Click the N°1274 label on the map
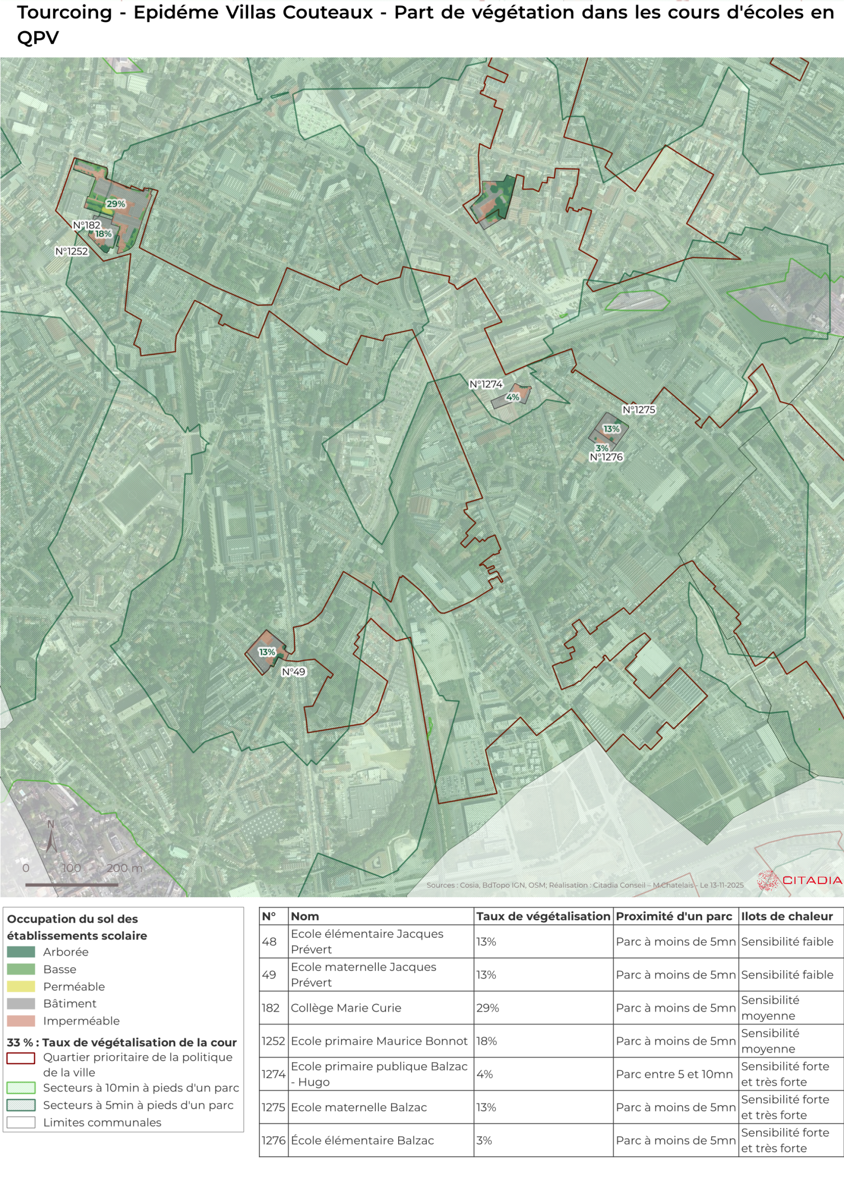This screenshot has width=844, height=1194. pyautogui.click(x=486, y=384)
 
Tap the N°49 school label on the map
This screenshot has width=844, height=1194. pyautogui.click(x=293, y=672)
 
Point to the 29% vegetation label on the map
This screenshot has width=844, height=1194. pyautogui.click(x=116, y=204)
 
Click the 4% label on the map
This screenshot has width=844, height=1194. pyautogui.click(x=512, y=397)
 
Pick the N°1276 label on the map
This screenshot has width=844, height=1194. pyautogui.click(x=606, y=457)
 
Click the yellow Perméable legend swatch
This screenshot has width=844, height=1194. pyautogui.click(x=21, y=987)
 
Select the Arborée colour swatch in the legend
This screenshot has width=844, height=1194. pyautogui.click(x=21, y=952)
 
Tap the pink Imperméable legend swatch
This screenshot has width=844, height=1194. pyautogui.click(x=21, y=1021)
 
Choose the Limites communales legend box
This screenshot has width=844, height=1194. pyautogui.click(x=21, y=1122)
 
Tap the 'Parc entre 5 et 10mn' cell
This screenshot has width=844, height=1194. pyautogui.click(x=674, y=1074)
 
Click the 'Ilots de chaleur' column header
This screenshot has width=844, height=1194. pyautogui.click(x=786, y=916)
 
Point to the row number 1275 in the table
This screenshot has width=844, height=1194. pyautogui.click(x=273, y=1107)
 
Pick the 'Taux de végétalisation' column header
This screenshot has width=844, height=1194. pyautogui.click(x=543, y=916)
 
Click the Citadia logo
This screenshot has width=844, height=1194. pyautogui.click(x=799, y=880)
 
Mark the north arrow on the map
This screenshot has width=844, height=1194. pyautogui.click(x=51, y=838)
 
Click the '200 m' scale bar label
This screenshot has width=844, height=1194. pyautogui.click(x=124, y=868)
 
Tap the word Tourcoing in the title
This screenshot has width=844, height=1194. pyautogui.click(x=65, y=12)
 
